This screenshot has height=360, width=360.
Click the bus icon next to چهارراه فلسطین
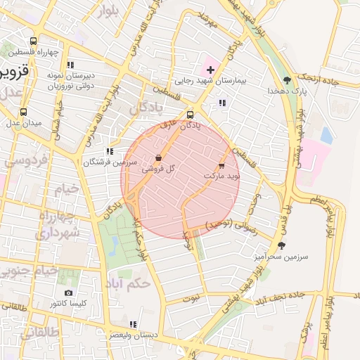(33, 41)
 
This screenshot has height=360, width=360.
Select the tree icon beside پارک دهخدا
(286, 79)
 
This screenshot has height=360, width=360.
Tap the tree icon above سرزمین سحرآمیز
(282, 245)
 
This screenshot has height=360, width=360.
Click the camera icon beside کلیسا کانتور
(68, 292)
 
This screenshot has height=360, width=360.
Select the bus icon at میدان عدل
(24, 111)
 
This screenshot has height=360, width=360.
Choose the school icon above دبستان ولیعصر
(133, 324)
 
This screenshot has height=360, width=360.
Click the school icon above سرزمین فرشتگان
(109, 151)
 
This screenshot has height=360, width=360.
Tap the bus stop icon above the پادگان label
(190, 115)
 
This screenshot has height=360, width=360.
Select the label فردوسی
(27, 160)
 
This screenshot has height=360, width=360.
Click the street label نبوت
(191, 299)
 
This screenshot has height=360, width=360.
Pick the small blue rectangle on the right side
(326, 136)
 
